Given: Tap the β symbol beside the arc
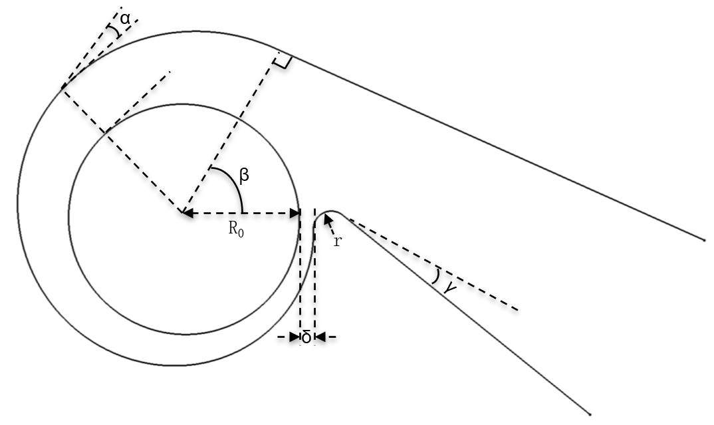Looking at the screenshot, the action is click(244, 175).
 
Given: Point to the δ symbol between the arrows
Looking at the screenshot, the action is click(306, 338).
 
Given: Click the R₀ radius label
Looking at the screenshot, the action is click(236, 229).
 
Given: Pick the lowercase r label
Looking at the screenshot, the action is click(337, 241).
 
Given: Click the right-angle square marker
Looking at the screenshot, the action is click(282, 61).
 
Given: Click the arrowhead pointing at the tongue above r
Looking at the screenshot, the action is click(327, 220).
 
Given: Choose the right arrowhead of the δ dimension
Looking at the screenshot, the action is click(320, 337).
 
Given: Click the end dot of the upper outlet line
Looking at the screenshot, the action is click(704, 240).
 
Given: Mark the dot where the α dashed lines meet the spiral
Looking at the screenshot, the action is click(61, 87).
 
